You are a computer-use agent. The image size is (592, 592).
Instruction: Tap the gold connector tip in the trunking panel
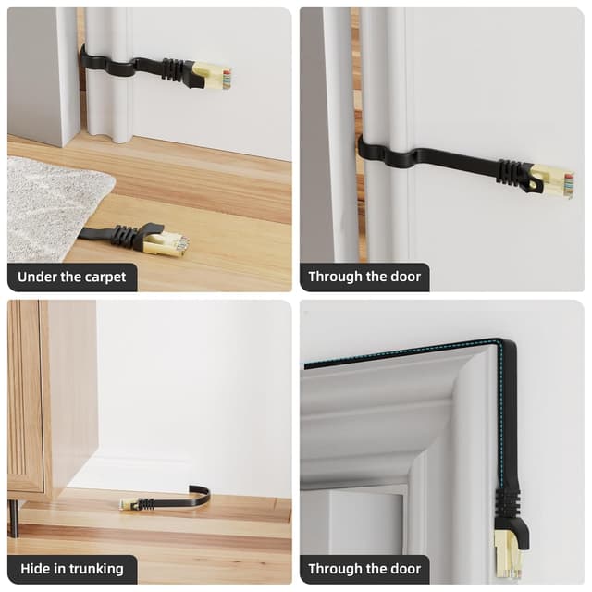pos(128,503)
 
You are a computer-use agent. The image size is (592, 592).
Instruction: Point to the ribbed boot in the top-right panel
pos(512,172)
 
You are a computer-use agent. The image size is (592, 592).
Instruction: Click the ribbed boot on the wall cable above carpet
pos(173,69)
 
